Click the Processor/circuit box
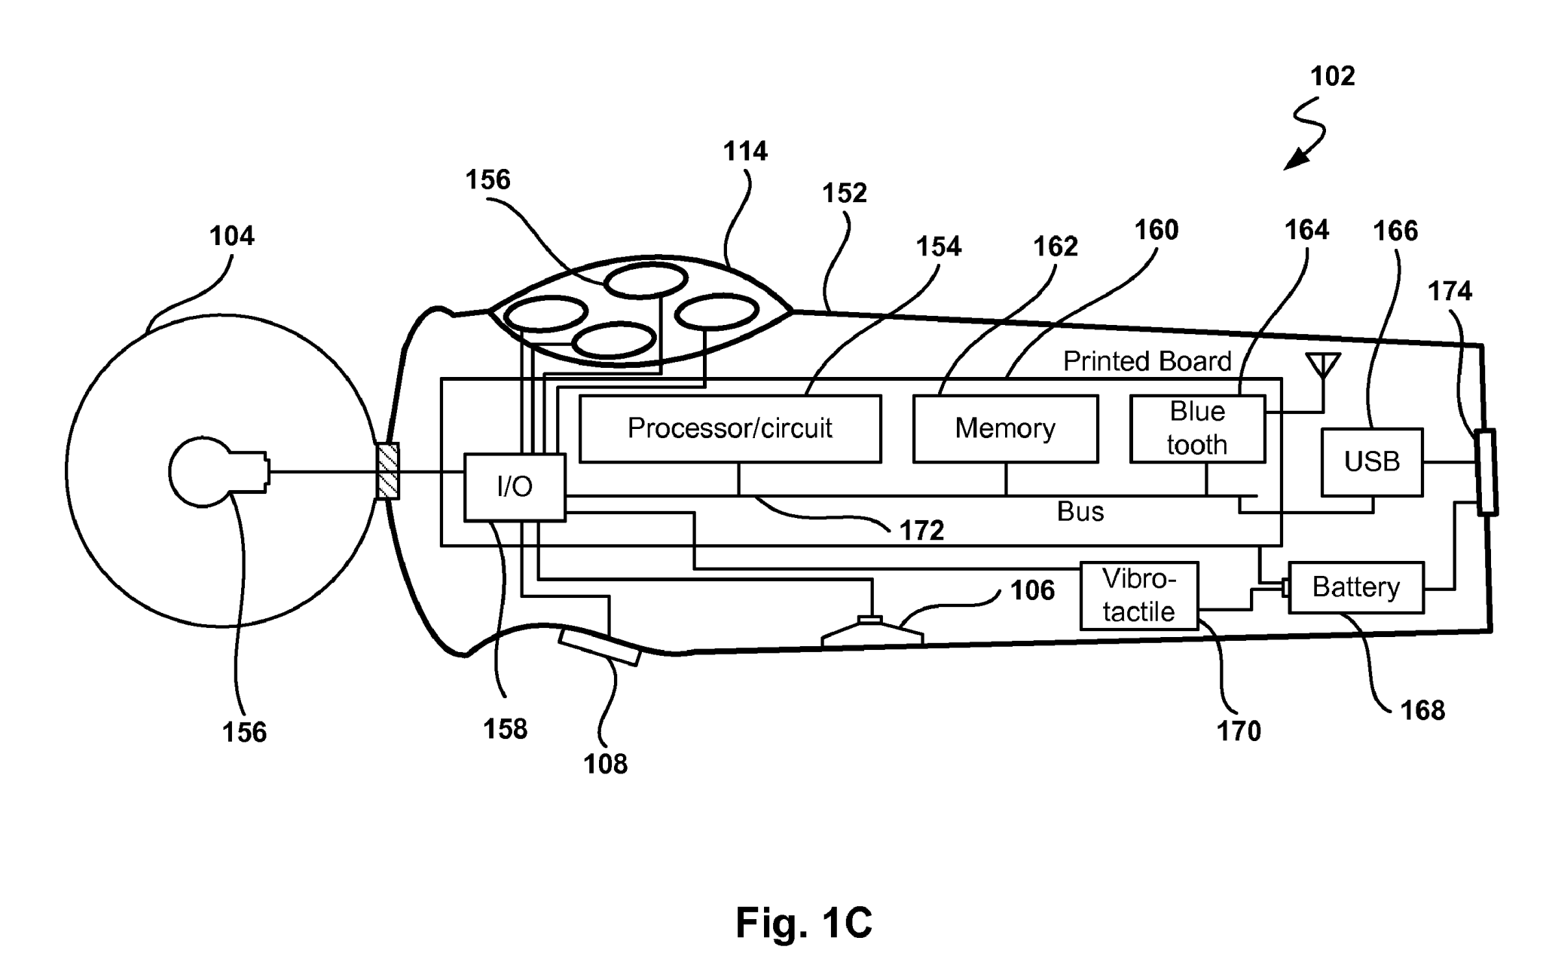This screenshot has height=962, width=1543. tap(729, 428)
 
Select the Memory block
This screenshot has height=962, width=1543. tap(1005, 428)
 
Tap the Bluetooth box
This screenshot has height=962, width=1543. tap(1197, 428)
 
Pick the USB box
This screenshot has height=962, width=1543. tap(1371, 461)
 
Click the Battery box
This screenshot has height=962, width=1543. tap(1355, 587)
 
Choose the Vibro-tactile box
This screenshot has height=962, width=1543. tap(1138, 596)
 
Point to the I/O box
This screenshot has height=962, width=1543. tap(515, 487)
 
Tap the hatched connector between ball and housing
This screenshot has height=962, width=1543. tap(387, 471)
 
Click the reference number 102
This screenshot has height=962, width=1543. tap(1332, 76)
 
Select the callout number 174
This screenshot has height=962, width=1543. tap(1450, 291)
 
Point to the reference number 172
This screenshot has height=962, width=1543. tap(921, 531)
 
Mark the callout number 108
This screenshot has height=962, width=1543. tap(605, 764)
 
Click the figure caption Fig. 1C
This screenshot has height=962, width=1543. tap(803, 921)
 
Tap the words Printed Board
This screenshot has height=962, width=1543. tap(1147, 362)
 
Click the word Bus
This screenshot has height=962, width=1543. tap(1080, 512)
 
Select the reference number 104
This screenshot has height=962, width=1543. tap(231, 237)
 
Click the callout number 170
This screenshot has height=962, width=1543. tap(1239, 731)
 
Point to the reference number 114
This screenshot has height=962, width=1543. tap(745, 152)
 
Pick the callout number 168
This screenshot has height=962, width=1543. tap(1422, 710)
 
